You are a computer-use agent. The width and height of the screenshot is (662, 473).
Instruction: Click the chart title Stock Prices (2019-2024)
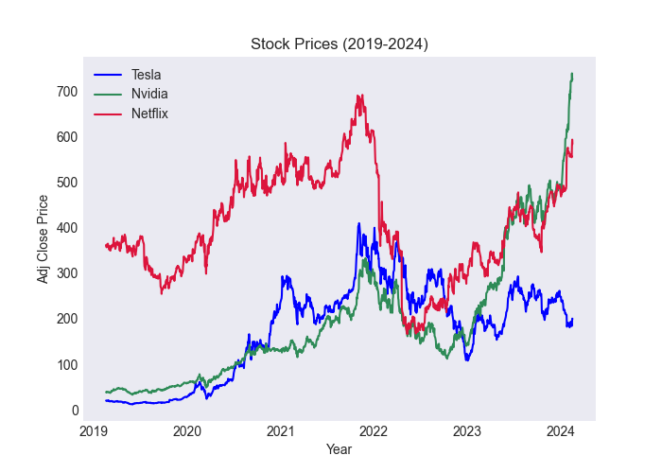(x=339, y=44)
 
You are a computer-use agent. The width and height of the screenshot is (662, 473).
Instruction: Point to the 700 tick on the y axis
(x=67, y=92)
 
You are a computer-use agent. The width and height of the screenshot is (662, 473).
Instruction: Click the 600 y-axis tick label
(x=67, y=137)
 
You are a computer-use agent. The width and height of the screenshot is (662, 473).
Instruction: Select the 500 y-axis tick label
(x=67, y=183)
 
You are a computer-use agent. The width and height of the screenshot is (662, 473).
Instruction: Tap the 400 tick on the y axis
(x=67, y=228)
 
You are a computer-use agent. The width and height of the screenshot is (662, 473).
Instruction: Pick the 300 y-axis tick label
(x=67, y=273)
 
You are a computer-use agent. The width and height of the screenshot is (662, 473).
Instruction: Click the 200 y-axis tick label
(x=67, y=319)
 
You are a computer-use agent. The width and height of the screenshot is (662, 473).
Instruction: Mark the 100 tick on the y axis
(x=67, y=365)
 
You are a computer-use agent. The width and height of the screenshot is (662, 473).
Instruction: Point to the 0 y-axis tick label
(x=73, y=411)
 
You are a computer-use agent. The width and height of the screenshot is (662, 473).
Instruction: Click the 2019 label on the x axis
(x=94, y=432)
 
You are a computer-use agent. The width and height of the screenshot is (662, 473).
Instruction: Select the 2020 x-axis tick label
(x=187, y=432)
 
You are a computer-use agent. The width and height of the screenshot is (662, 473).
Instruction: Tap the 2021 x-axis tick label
(x=281, y=432)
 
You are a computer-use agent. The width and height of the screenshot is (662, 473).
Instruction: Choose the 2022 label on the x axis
(x=375, y=432)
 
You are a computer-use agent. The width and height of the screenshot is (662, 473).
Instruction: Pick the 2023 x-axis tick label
(x=467, y=432)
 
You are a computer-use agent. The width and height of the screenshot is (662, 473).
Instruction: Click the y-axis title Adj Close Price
(x=43, y=238)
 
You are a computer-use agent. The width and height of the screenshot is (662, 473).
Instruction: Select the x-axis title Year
(x=339, y=450)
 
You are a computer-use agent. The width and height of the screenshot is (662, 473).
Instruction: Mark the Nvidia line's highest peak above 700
(x=571, y=74)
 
